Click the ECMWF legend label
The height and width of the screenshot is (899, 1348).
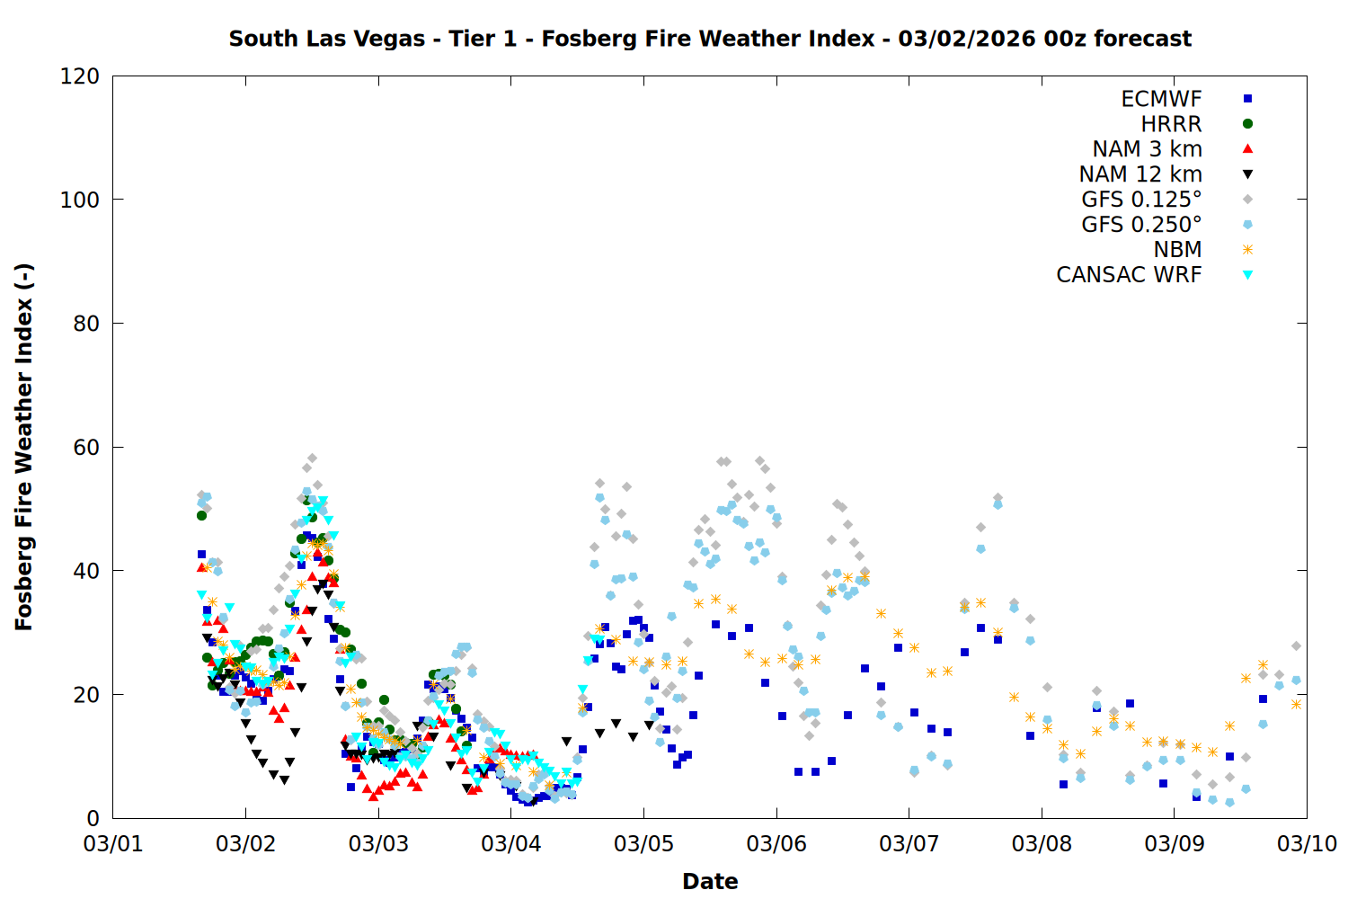click(x=1161, y=99)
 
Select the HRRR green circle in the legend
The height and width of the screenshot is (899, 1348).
click(x=1247, y=124)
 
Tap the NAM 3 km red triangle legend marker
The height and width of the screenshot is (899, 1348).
click(x=1247, y=149)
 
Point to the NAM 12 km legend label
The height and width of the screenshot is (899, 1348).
click(x=1140, y=174)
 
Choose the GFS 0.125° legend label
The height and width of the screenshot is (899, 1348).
click(x=1141, y=200)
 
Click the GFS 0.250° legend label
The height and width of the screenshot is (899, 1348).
click(x=1141, y=225)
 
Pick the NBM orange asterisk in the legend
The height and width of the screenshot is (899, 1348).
click(x=1247, y=250)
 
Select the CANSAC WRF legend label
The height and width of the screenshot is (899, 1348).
click(x=1129, y=275)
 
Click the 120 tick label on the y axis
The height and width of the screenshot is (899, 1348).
click(x=80, y=76)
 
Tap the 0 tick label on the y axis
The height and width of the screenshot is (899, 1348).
click(x=93, y=818)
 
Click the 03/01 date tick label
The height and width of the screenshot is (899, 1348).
click(x=113, y=844)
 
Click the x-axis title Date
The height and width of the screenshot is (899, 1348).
click(x=710, y=881)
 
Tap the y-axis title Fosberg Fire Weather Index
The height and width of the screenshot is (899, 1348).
click(x=24, y=447)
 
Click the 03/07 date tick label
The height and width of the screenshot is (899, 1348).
click(x=909, y=844)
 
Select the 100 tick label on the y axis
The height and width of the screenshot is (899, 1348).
click(x=80, y=200)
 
